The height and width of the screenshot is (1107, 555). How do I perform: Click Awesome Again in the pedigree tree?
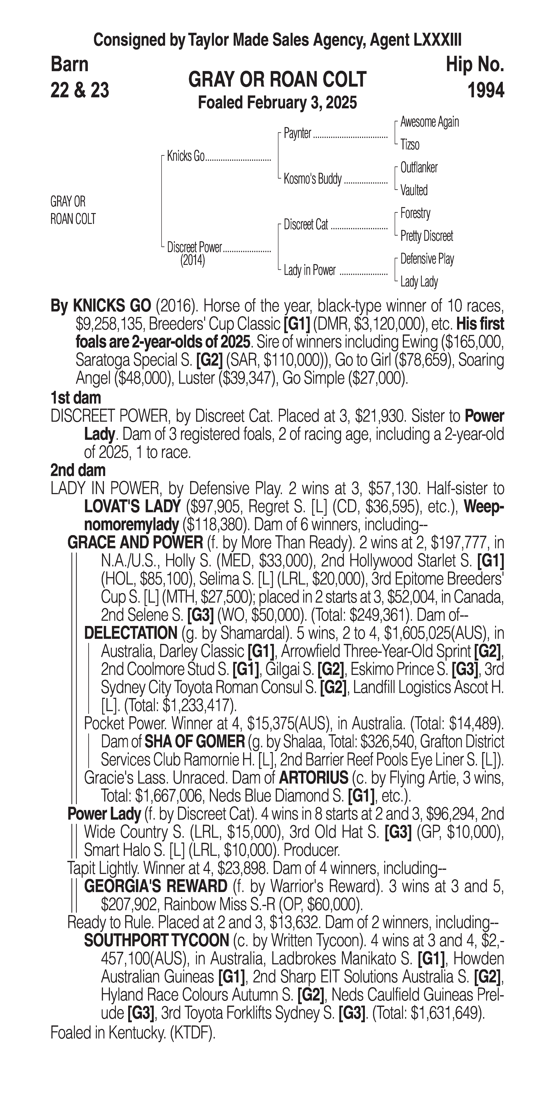click(429, 122)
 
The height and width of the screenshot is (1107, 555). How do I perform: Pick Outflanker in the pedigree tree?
click(419, 168)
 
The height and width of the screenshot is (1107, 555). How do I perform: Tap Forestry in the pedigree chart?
click(415, 213)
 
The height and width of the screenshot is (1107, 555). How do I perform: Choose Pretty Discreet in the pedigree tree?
click(426, 236)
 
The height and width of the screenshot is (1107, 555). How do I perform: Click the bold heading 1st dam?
click(76, 398)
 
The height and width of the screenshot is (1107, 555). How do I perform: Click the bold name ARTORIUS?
click(313, 777)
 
